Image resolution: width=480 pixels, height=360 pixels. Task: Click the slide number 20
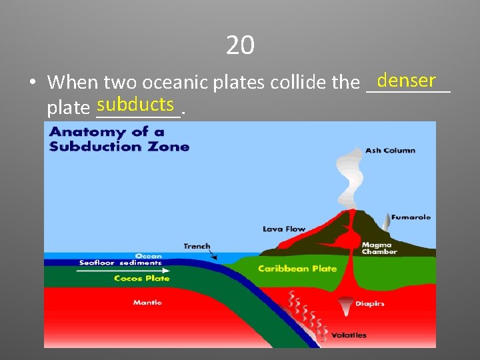tap(240, 45)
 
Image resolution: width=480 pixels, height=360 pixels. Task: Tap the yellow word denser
tap(405, 81)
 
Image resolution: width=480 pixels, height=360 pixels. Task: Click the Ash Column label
tap(390, 151)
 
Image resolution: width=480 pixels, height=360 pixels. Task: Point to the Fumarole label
tap(411, 217)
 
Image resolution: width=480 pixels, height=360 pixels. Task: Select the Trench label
tap(197, 246)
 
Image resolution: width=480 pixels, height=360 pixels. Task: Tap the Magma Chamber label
tap(379, 248)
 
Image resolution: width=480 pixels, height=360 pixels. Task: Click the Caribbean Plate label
tap(297, 269)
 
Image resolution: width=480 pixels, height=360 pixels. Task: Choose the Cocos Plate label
tap(141, 279)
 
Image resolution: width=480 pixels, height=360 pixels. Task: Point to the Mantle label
tap(147, 303)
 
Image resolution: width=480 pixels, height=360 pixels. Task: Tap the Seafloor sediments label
tap(120, 263)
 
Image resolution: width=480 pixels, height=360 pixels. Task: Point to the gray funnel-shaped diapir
tap(346, 307)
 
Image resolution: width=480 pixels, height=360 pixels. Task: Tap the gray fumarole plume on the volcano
tap(387, 220)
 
